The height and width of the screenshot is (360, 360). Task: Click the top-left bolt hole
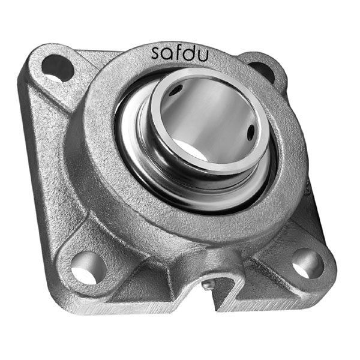[x=58, y=67]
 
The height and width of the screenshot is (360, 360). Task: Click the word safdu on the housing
[x=180, y=53]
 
